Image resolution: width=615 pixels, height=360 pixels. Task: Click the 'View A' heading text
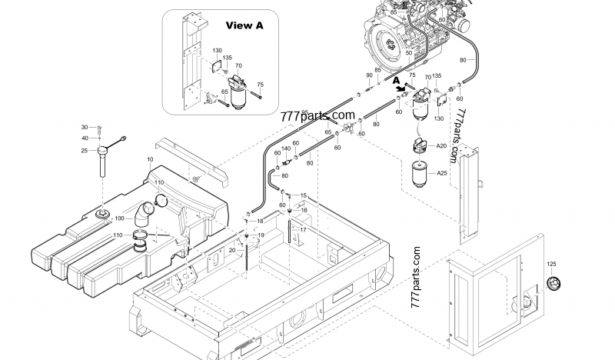pyautogui.click(x=244, y=25)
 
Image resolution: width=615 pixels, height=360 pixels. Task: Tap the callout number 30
pyautogui.click(x=85, y=127)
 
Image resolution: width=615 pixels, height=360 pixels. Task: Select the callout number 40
pyautogui.click(x=85, y=138)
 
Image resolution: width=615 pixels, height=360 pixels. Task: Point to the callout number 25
pyautogui.click(x=85, y=151)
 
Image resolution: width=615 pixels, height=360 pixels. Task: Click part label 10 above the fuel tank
pyautogui.click(x=150, y=159)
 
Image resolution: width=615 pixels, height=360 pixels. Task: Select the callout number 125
pyautogui.click(x=551, y=265)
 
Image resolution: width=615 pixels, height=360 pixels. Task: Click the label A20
pyautogui.click(x=442, y=146)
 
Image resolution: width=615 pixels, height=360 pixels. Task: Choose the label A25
pyautogui.click(x=442, y=173)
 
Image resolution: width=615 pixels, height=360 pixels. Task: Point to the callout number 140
pyautogui.click(x=285, y=148)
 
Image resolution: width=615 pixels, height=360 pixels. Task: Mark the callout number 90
pyautogui.click(x=369, y=75)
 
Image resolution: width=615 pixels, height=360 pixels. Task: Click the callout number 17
pyautogui.click(x=303, y=229)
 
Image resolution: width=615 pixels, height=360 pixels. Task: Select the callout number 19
pyautogui.click(x=260, y=235)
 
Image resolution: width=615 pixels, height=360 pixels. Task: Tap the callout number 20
pyautogui.click(x=233, y=251)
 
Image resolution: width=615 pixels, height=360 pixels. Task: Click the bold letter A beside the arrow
pyautogui.click(x=396, y=79)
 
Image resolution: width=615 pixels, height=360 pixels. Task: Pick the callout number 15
pyautogui.click(x=303, y=195)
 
